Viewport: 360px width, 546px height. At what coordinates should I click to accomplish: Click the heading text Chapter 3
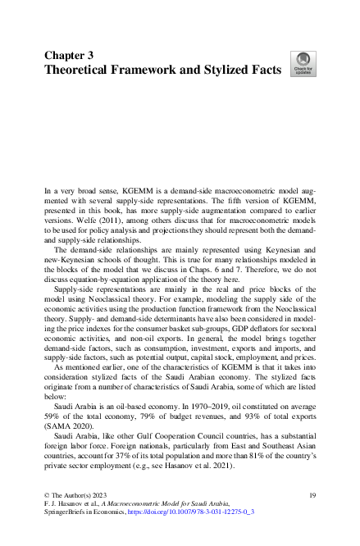click(x=68, y=55)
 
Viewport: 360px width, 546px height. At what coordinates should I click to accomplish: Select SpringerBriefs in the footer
click(x=70, y=511)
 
